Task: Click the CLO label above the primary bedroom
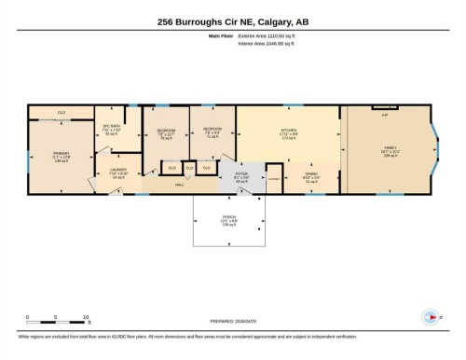(x=62, y=113)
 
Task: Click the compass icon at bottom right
(x=430, y=316)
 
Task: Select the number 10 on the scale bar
(x=87, y=317)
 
